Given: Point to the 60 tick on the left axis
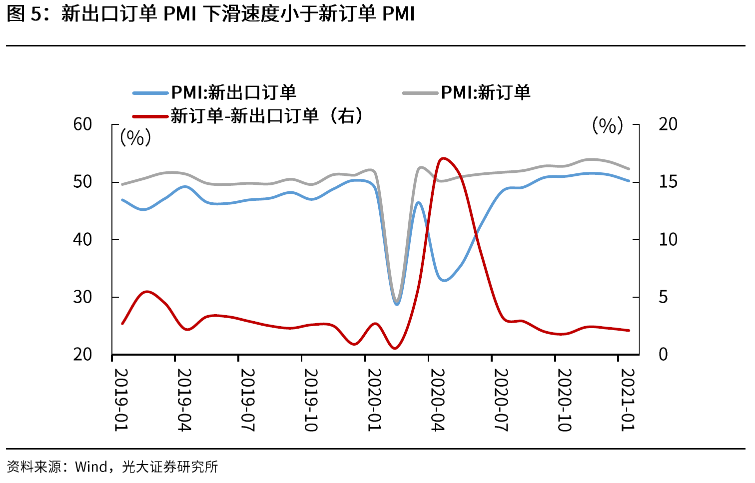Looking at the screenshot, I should pyautogui.click(x=82, y=124).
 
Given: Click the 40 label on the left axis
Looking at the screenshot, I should pyautogui.click(x=82, y=239).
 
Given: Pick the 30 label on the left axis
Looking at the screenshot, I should pyautogui.click(x=82, y=297).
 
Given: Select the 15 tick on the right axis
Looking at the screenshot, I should pyautogui.click(x=668, y=182).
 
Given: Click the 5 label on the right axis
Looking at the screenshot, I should pyautogui.click(x=663, y=297).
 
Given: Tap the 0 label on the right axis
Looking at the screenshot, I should pyautogui.click(x=663, y=355).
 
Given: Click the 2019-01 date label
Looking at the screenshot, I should pyautogui.click(x=121, y=400).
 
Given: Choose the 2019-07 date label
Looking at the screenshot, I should pyautogui.click(x=248, y=400).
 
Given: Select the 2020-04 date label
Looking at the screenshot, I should pyautogui.click(x=438, y=400).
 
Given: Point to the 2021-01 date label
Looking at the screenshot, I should pyautogui.click(x=628, y=400).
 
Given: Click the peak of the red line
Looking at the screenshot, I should pyautogui.click(x=443, y=158).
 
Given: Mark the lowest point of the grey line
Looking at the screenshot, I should pyautogui.click(x=397, y=301).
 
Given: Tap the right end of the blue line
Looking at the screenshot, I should pyautogui.click(x=629, y=181).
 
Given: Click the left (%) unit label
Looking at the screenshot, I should pyautogui.click(x=135, y=137).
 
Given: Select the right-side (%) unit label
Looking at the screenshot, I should pyautogui.click(x=608, y=125).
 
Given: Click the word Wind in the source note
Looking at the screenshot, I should pyautogui.click(x=91, y=467).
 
